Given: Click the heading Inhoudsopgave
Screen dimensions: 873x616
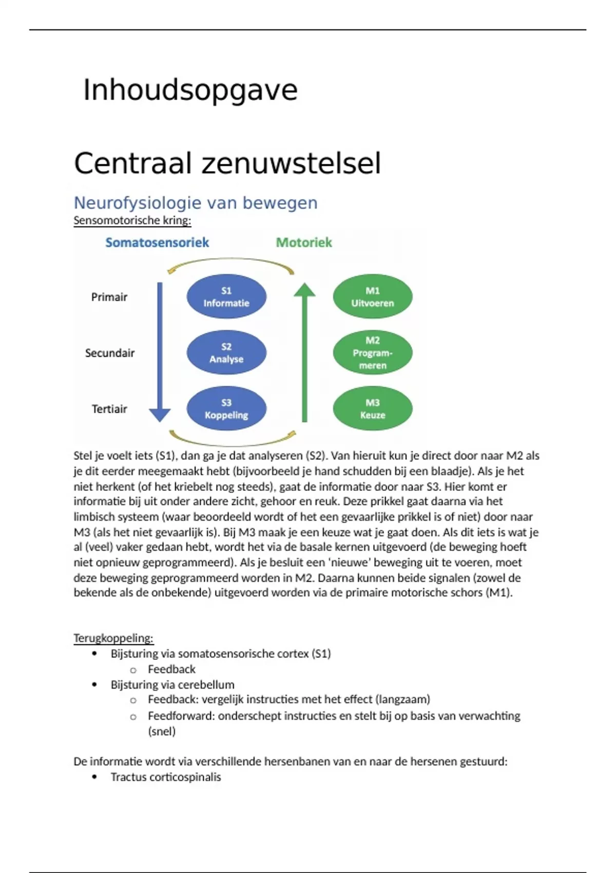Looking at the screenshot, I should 190,90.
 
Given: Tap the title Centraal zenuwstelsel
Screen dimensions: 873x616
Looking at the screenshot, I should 227,164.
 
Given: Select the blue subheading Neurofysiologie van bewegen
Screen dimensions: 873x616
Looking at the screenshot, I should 196,203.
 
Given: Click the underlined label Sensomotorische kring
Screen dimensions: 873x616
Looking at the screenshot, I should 132,221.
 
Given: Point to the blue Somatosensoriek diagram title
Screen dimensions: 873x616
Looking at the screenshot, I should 157,242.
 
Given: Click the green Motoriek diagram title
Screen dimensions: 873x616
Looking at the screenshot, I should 304,242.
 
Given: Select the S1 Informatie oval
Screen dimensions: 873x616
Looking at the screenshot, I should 226,297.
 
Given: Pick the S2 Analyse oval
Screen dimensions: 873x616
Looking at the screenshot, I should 226,353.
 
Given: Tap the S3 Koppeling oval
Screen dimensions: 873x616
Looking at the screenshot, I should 226,409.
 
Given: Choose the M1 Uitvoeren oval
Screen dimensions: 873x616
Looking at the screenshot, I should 373,297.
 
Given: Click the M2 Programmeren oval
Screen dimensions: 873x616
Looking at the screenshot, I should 373,353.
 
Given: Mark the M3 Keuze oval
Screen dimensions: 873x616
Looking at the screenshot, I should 373,409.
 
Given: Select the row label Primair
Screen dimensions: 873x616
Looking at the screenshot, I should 109,297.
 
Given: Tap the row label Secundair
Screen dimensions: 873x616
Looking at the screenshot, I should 110,353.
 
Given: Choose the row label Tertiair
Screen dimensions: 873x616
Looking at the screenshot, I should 109,409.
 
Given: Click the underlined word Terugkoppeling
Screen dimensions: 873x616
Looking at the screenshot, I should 113,638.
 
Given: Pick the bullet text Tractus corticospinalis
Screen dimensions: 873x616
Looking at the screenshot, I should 166,777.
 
